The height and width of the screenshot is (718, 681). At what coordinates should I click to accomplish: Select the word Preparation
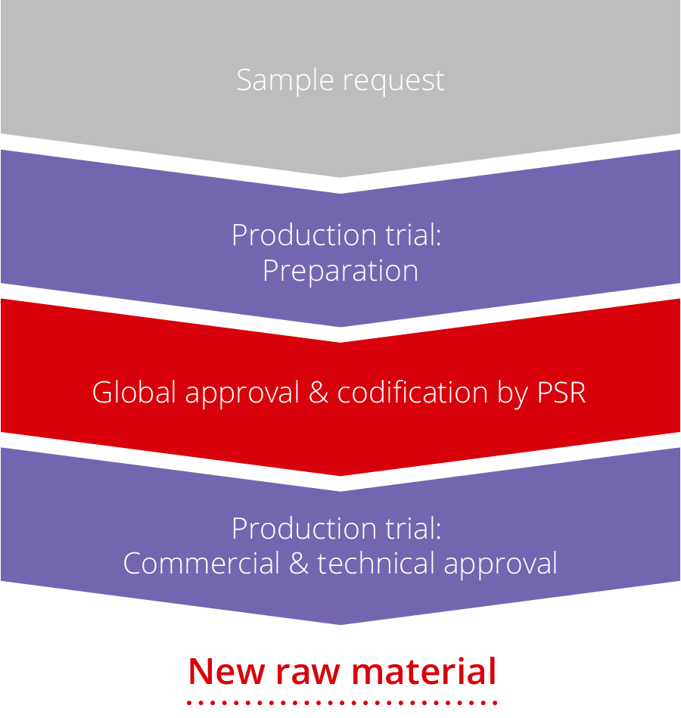[x=340, y=271]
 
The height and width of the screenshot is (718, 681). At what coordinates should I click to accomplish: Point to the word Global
[x=134, y=393]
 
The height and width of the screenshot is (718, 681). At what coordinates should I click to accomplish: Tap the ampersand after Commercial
[x=299, y=564]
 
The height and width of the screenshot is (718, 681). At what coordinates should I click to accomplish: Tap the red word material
[x=424, y=671]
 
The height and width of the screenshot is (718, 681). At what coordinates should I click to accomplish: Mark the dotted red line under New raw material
[x=342, y=702]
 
